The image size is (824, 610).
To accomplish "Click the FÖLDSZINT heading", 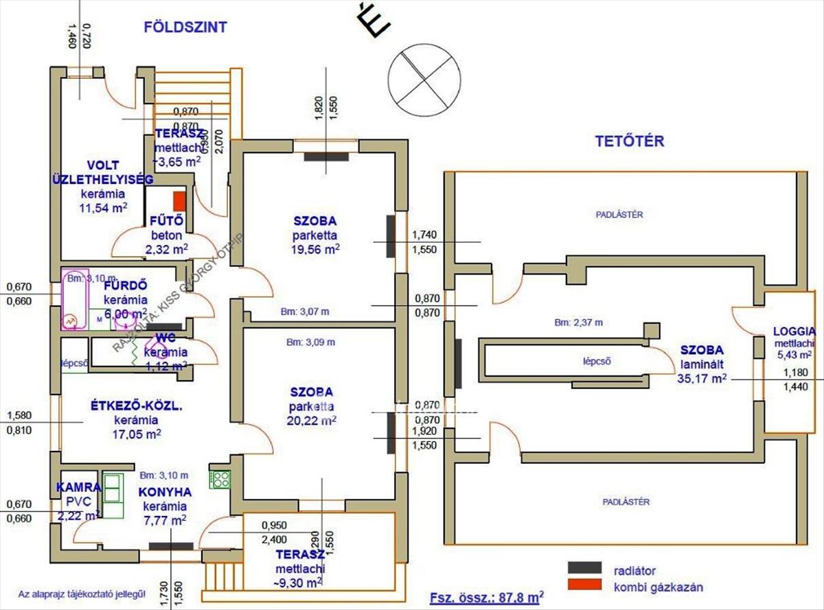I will [x=185, y=27].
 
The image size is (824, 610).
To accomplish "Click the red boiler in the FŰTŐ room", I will [x=179, y=200].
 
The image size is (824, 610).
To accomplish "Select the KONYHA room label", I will [x=165, y=492].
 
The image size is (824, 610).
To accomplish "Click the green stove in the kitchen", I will [x=220, y=478].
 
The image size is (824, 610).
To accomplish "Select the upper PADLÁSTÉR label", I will [x=619, y=214].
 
